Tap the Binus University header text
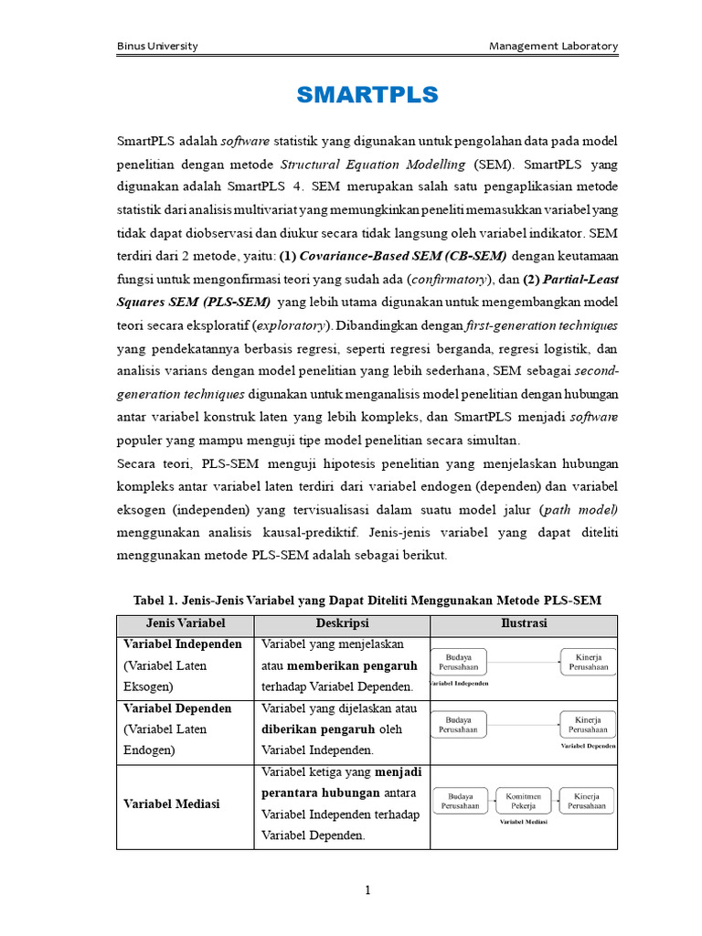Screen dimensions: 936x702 click(x=158, y=46)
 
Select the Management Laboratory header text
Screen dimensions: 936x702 click(x=553, y=46)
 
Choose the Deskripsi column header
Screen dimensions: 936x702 click(x=342, y=622)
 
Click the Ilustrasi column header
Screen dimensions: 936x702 click(x=524, y=622)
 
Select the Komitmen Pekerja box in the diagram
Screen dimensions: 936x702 click(x=524, y=801)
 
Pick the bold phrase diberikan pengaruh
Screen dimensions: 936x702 click(x=318, y=729)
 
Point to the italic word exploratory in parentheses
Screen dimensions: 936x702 click(x=291, y=324)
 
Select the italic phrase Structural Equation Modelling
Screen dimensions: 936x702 click(x=373, y=165)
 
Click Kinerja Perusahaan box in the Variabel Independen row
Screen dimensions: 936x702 click(x=586, y=662)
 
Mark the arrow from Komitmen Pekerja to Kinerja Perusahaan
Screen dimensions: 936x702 click(x=554, y=801)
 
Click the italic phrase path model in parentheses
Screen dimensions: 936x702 click(x=580, y=509)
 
